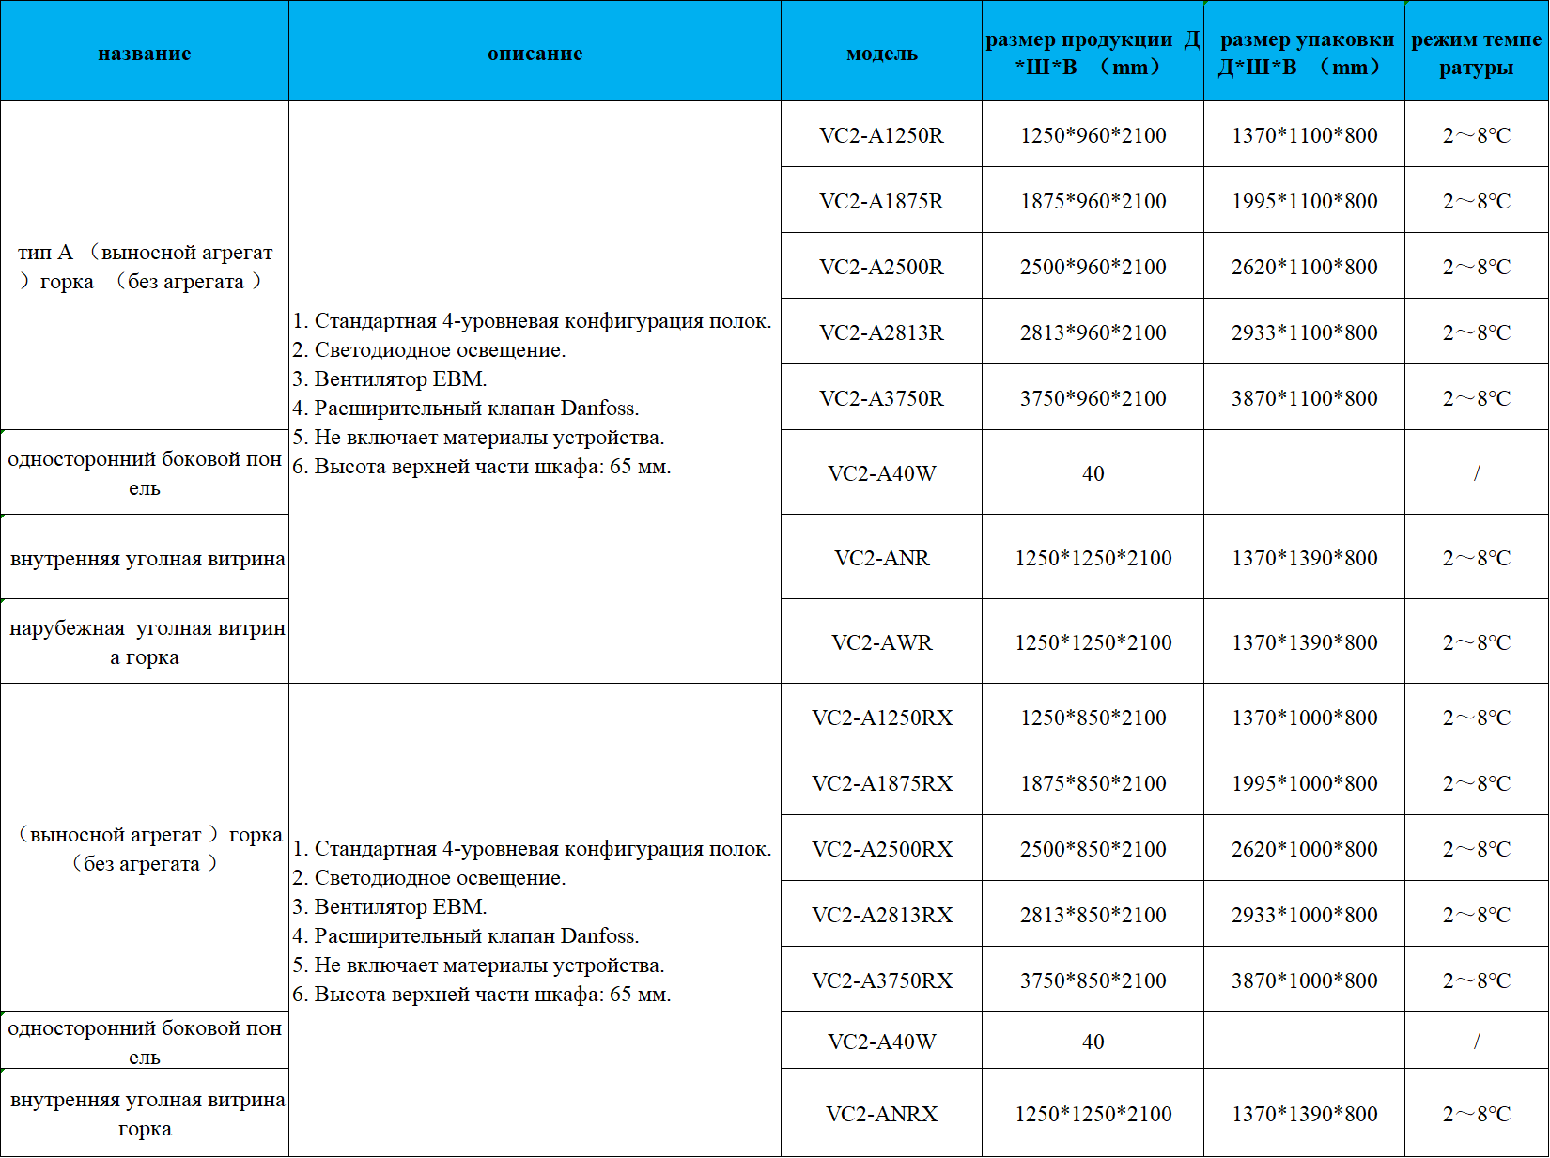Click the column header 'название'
click(145, 54)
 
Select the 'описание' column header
click(535, 54)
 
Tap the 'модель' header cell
click(881, 54)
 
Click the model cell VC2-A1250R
click(881, 135)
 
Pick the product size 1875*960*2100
click(1093, 201)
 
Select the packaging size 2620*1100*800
click(1304, 267)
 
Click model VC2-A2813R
click(881, 332)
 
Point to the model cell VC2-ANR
click(881, 558)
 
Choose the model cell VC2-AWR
click(881, 642)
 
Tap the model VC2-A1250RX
click(881, 718)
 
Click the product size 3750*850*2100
click(1093, 980)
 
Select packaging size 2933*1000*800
click(1304, 915)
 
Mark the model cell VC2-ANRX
click(881, 1114)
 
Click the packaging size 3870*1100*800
click(1304, 398)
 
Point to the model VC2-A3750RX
click(881, 980)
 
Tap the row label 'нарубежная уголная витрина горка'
click(145, 642)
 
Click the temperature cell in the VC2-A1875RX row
click(1476, 783)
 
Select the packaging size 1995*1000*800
click(1304, 783)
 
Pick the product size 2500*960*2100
click(1093, 267)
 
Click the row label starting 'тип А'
click(145, 267)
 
